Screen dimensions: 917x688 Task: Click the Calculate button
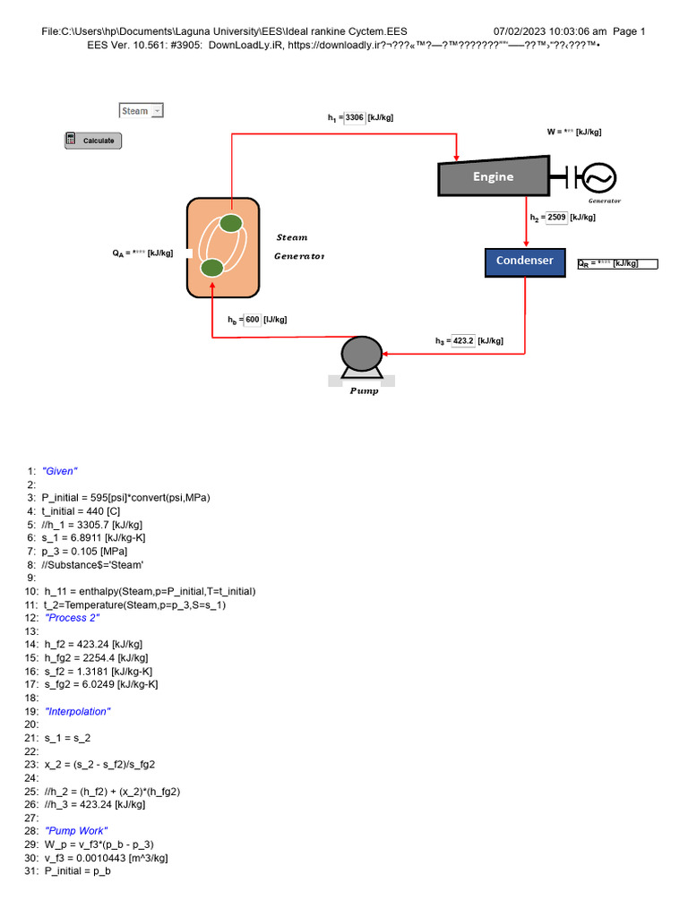click(93, 141)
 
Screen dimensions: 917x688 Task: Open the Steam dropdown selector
click(142, 111)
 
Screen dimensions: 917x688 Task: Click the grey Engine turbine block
click(493, 176)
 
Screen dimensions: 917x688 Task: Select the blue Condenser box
click(525, 261)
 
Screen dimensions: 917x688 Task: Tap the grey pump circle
click(361, 353)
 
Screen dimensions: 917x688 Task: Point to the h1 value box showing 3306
click(355, 117)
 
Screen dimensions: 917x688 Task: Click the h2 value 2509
click(555, 218)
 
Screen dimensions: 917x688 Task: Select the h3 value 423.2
click(463, 341)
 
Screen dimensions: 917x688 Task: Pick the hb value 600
click(252, 320)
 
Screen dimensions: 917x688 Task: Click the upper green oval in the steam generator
click(230, 223)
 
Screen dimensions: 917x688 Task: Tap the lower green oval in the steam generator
click(211, 268)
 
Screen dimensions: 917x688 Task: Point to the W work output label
click(574, 132)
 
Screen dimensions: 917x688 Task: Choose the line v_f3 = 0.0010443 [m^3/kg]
click(106, 858)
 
